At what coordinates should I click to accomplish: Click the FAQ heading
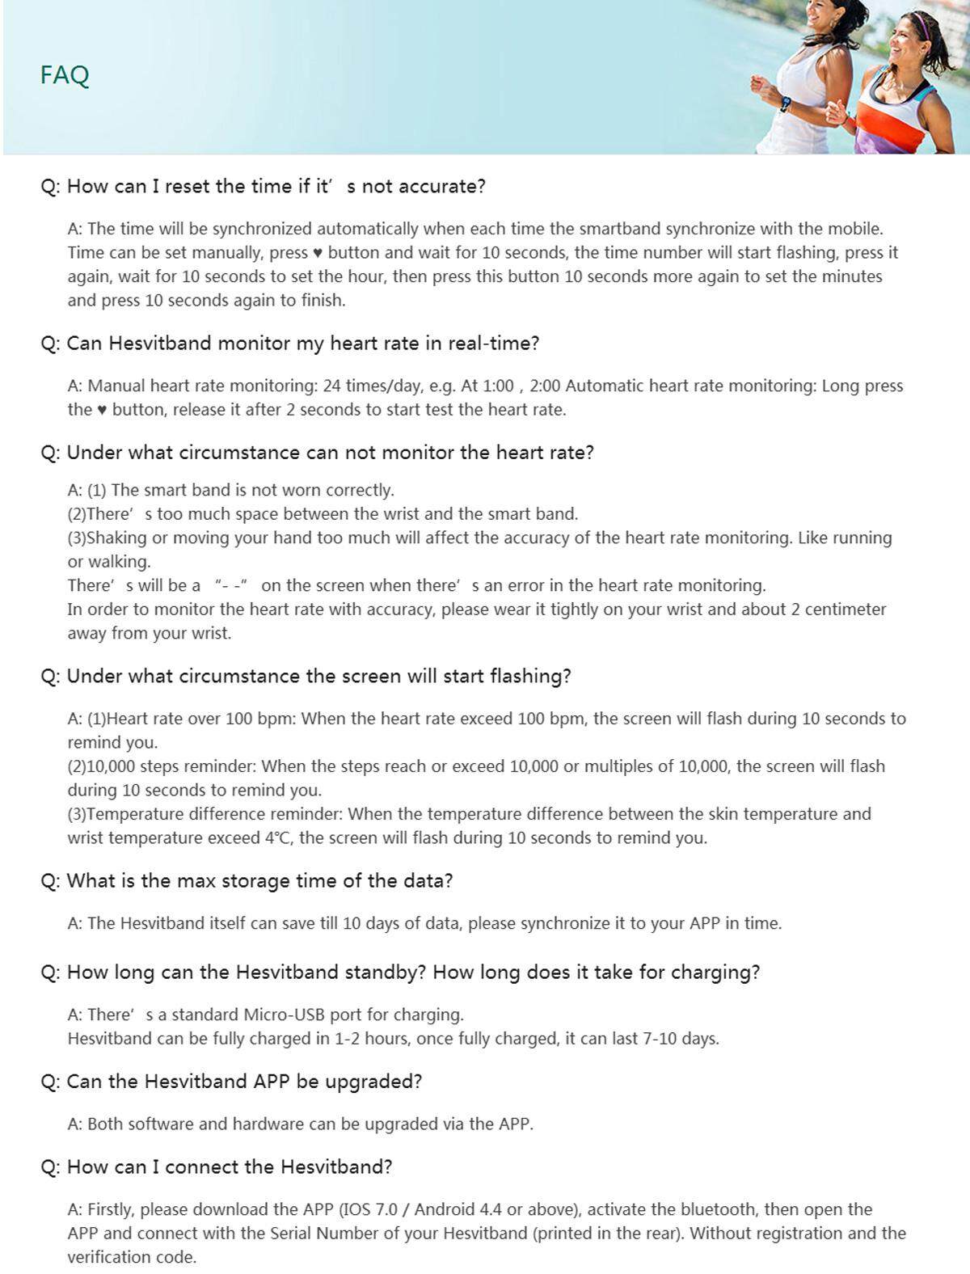click(65, 75)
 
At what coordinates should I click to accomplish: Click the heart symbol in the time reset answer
click(318, 253)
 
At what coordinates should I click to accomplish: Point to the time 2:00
click(546, 386)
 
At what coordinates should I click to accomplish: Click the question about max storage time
click(247, 881)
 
